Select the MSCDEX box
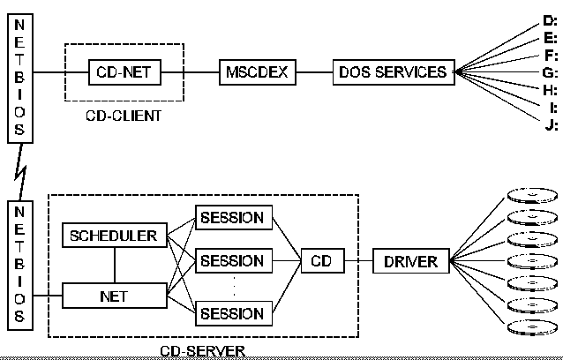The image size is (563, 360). (x=257, y=71)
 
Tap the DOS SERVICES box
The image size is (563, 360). (x=393, y=71)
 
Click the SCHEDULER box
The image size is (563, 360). (x=113, y=236)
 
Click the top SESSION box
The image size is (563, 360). (x=232, y=217)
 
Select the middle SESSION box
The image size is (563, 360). (x=232, y=260)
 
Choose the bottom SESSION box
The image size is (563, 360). (x=232, y=312)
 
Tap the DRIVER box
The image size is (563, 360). (x=411, y=260)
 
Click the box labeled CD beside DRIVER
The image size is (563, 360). (x=321, y=260)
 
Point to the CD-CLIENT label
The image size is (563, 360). (x=123, y=116)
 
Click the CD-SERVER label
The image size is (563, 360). (x=202, y=350)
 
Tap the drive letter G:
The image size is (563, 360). (x=550, y=72)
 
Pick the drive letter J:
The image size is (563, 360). (x=552, y=124)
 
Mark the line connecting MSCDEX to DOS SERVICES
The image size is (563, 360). (x=315, y=71)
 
